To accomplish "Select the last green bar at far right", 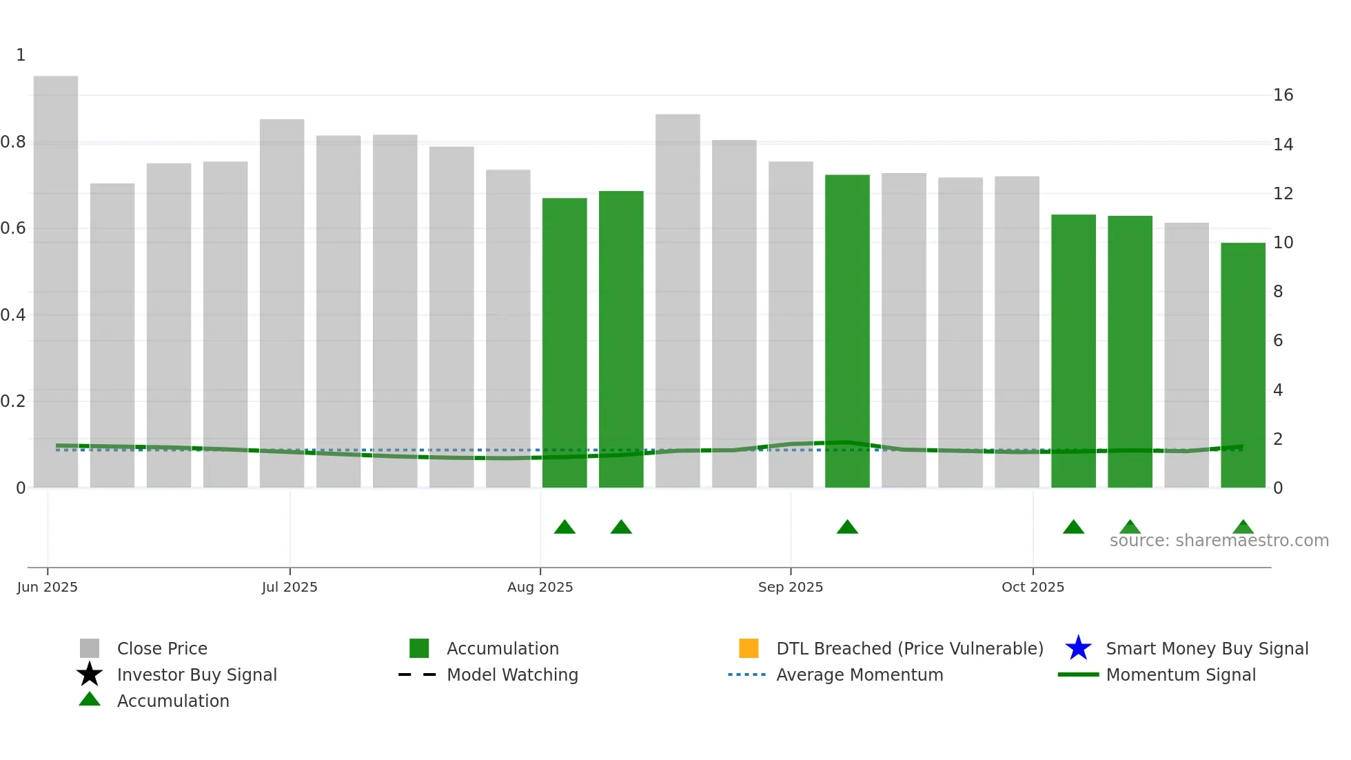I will tap(1243, 365).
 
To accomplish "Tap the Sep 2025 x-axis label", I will tap(790, 587).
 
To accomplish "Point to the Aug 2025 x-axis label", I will tap(540, 587).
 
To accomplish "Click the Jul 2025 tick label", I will tap(289, 587).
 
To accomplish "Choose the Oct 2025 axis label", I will tap(1033, 587).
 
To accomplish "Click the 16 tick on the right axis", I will tap(1283, 95).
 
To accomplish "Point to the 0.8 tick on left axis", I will tap(13, 142).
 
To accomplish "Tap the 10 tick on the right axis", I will tap(1283, 243).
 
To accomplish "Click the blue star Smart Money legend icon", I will tap(1078, 648).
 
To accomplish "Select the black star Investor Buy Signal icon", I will tap(90, 674).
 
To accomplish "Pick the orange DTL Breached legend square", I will tap(749, 648).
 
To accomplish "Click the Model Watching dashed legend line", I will tap(418, 674).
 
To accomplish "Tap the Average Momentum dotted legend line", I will tap(747, 674).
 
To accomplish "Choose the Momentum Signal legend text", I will tap(1181, 674).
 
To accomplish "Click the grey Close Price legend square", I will tap(90, 648).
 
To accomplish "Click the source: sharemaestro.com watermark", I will tap(1219, 541).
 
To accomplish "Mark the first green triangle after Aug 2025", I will tap(565, 528).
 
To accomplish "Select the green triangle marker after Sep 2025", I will tap(847, 528).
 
